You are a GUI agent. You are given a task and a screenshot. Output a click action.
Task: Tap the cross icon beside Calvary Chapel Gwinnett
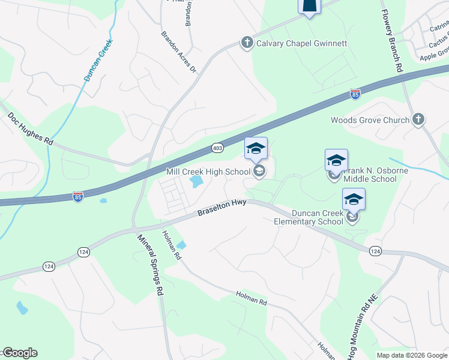point(247,43)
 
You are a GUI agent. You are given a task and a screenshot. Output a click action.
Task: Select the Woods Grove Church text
point(370,120)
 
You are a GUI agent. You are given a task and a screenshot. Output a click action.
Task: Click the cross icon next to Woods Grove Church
point(419,119)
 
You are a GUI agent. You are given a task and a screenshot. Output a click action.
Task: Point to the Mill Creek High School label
point(208,172)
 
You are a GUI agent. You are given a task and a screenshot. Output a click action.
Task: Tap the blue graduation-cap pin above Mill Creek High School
point(256,149)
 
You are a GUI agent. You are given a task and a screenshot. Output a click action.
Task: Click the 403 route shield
point(218,147)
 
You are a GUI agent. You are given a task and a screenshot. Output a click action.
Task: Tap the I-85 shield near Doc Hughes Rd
point(78,196)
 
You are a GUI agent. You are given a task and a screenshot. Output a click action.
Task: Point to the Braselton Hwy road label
point(223,209)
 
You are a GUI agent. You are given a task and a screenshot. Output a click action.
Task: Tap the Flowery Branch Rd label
point(391,36)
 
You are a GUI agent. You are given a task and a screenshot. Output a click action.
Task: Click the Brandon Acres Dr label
point(178,52)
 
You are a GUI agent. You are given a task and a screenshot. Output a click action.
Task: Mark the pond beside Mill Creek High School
point(196,180)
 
